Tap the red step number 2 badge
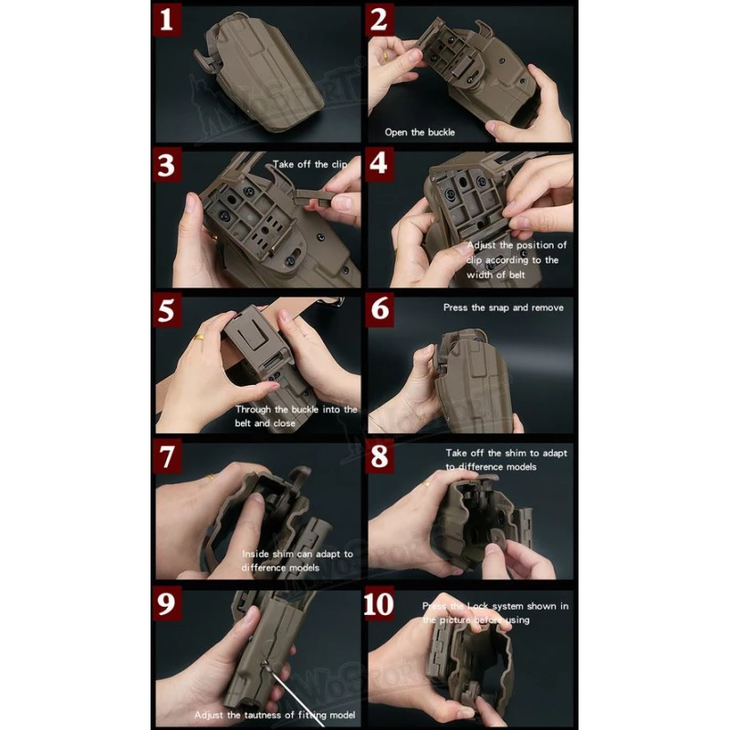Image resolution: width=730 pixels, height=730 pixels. [381, 20]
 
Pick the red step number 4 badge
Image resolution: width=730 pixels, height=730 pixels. [381, 167]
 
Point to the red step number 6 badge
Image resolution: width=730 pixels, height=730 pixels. [381, 311]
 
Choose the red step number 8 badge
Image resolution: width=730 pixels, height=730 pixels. [381, 457]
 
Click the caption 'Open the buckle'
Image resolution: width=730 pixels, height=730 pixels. [420, 132]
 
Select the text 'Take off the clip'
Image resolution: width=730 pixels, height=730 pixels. [310, 165]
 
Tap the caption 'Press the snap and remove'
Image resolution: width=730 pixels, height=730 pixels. [503, 308]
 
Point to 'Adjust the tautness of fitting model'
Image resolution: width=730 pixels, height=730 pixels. [274, 714]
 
